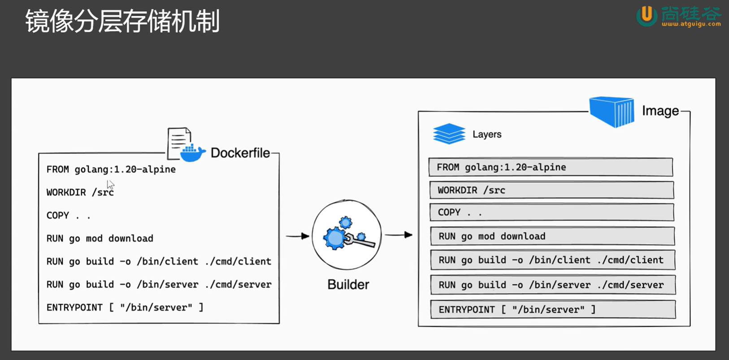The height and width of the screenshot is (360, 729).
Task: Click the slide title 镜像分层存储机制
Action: coord(122,21)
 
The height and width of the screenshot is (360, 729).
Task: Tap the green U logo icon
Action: coord(647,16)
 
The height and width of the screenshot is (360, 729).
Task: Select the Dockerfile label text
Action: coord(240,153)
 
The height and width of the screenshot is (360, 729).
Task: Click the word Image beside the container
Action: coord(660,111)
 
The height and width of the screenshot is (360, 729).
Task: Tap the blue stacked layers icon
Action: coord(449,134)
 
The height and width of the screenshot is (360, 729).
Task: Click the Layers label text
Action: coord(487,134)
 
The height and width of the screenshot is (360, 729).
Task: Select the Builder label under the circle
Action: coord(348,285)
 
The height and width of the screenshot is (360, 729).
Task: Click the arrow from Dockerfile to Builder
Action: coord(297,236)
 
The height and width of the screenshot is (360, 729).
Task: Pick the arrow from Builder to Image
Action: coord(399,234)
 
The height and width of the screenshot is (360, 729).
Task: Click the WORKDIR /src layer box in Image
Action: coord(551,190)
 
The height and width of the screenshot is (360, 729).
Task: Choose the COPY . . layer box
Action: coord(552,212)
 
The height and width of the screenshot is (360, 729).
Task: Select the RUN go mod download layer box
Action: coord(552,236)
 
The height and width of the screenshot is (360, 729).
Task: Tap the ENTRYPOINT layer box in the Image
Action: coord(553,309)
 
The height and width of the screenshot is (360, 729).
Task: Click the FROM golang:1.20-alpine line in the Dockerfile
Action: coord(111,169)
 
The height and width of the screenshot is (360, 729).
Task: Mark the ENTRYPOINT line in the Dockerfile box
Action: coord(125,307)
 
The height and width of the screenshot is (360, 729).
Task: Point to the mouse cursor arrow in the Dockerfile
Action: coord(110,185)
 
